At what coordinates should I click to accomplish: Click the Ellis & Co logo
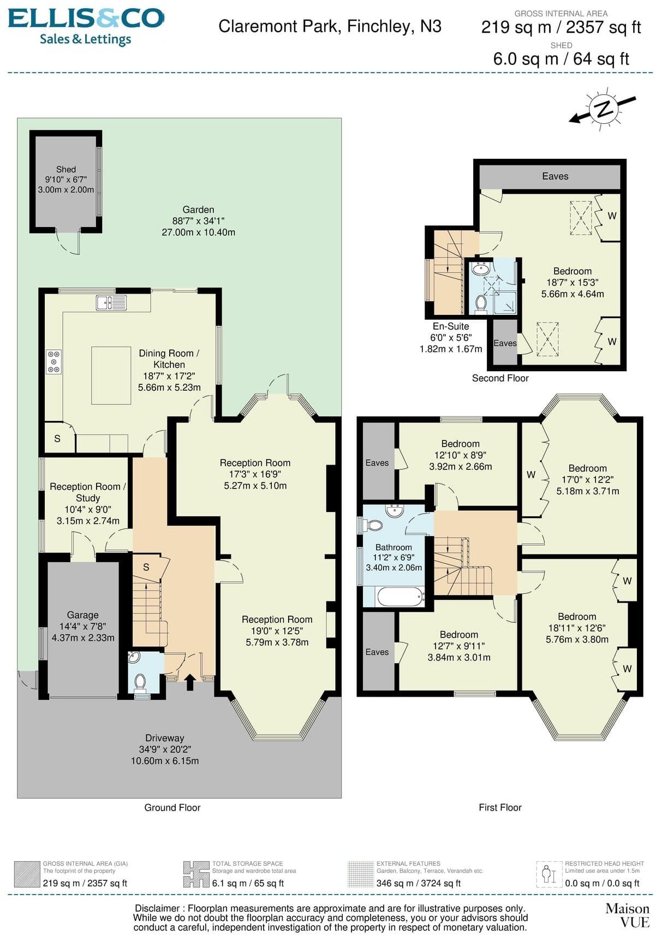click(86, 26)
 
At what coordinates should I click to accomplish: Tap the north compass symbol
click(603, 109)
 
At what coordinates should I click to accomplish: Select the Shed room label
click(65, 170)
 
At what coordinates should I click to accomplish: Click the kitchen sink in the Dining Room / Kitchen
click(111, 302)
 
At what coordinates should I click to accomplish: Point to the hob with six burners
click(53, 361)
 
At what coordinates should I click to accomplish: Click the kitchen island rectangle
click(111, 375)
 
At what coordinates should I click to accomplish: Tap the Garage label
click(83, 615)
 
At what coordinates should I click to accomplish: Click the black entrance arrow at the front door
click(190, 682)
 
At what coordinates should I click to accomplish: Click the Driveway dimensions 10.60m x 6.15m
click(164, 761)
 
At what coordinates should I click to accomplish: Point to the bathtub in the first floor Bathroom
click(400, 597)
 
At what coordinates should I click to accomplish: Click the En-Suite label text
click(451, 326)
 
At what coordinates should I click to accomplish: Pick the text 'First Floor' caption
click(500, 807)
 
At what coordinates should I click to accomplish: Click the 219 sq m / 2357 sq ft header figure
click(560, 27)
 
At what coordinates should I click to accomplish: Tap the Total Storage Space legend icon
click(196, 874)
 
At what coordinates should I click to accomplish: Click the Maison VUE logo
click(627, 915)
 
